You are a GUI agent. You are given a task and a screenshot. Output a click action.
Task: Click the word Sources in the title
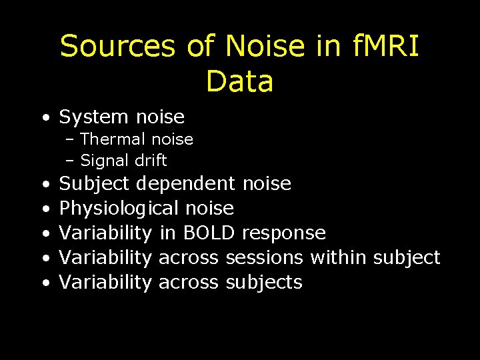point(117,47)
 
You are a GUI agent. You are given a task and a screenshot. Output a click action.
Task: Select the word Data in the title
point(239,81)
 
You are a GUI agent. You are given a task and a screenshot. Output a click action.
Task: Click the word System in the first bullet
point(94,117)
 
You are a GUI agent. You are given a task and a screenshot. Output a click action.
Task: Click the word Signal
point(104,161)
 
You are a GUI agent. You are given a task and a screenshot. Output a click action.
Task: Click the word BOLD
point(209,233)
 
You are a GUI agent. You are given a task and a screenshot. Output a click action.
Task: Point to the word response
point(284,233)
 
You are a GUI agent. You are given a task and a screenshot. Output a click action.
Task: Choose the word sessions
point(265,257)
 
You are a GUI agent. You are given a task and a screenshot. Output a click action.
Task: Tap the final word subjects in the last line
point(264,283)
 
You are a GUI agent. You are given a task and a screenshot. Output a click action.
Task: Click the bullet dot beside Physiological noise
point(43,209)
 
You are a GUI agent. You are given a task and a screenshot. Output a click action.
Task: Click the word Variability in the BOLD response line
point(105,233)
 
